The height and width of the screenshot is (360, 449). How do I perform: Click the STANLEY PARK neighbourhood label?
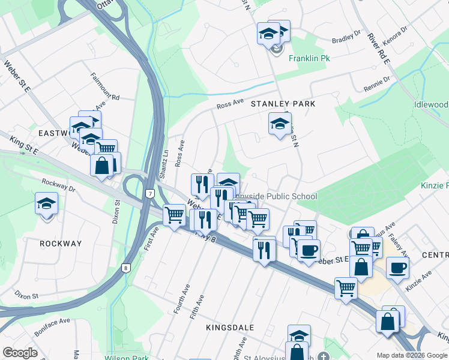coord(283,104)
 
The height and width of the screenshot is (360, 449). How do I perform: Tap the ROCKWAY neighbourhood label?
coord(60,244)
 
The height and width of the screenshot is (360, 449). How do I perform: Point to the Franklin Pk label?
coord(310,59)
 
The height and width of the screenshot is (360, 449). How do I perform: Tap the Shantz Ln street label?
coord(164,163)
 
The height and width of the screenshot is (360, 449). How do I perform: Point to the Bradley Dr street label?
coord(346,37)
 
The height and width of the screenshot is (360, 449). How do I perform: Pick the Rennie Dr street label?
coord(376,84)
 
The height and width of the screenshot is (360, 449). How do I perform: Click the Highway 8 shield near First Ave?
coord(125,268)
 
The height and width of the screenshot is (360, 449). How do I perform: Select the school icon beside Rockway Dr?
coord(46,203)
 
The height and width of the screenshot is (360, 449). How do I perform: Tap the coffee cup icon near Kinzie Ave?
coord(397,268)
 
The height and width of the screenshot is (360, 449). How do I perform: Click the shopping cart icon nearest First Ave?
coord(174,214)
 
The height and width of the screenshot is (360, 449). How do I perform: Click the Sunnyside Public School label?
coord(276,196)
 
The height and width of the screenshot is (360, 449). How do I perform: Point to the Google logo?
coord(20,353)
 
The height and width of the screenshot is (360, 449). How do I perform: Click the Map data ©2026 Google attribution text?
coord(411,355)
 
